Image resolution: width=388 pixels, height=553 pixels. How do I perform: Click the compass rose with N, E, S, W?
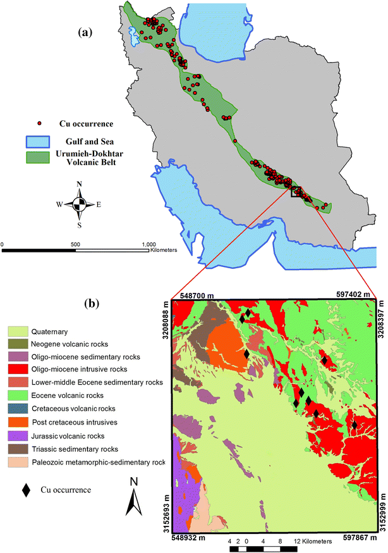pyautogui.click(x=80, y=204)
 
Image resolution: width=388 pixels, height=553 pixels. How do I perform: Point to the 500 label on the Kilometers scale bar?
pyautogui.click(x=76, y=243)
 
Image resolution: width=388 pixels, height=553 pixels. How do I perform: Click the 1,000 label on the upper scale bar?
pyautogui.click(x=149, y=243)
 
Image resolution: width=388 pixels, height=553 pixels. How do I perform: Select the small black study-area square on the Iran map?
pyautogui.click(x=296, y=191)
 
